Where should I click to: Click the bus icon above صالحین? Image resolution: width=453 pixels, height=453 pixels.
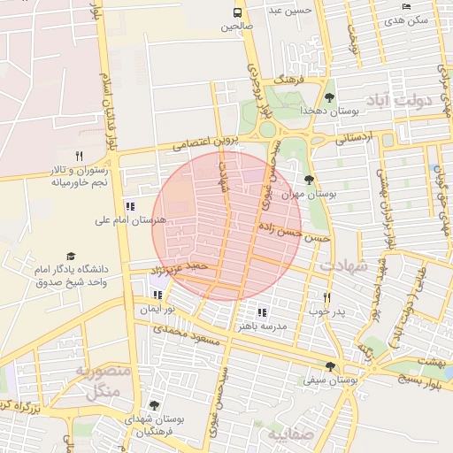coord(237,12)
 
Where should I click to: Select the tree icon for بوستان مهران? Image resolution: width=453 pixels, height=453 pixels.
coord(309,180)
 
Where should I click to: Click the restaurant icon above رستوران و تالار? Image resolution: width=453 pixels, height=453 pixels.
coord(80,156)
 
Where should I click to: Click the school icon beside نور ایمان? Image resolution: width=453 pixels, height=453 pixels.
coord(158,295)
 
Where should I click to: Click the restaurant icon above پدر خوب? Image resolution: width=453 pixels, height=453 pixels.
coord(326,298)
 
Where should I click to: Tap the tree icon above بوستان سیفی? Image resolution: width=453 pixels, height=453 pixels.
coord(329,365)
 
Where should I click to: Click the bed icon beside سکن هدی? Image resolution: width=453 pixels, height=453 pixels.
coord(406,6)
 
